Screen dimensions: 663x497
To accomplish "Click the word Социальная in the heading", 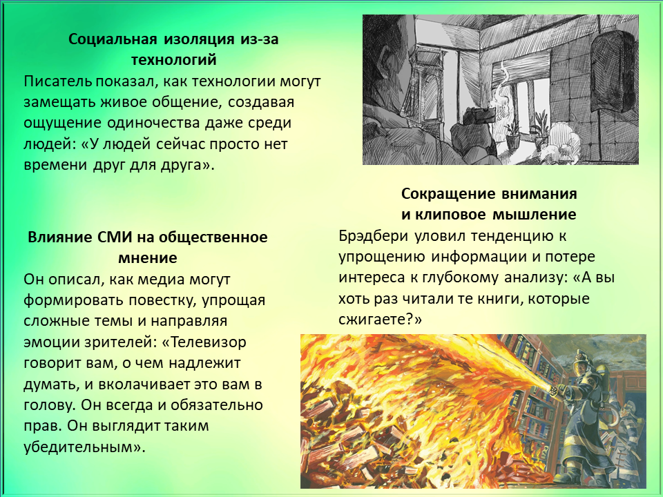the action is point(113,39).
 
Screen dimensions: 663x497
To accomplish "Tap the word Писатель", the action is point(57,81).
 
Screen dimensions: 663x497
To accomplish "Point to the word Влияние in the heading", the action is point(60,237).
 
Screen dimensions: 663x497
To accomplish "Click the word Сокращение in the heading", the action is point(448,193).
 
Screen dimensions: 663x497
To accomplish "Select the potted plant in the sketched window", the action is point(513,133).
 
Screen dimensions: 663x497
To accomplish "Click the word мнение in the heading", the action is point(148,257).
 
